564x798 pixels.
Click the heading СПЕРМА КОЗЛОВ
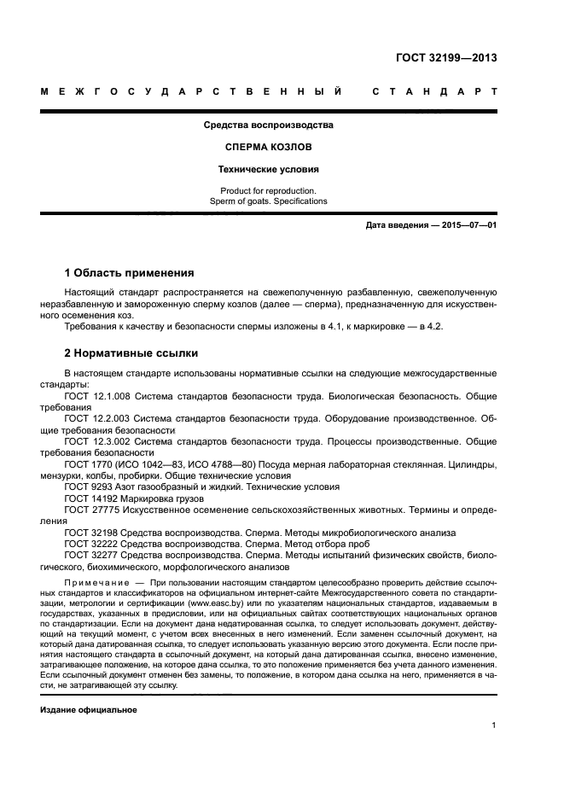pyautogui.click(x=268, y=147)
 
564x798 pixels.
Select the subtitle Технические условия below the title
pyautogui.click(x=268, y=169)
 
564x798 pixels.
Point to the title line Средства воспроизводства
pyautogui.click(x=268, y=125)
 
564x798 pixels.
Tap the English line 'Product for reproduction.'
pyautogui.click(x=268, y=190)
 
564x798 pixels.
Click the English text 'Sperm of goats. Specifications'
pyautogui.click(x=268, y=201)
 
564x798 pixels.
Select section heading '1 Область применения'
pyautogui.click(x=129, y=273)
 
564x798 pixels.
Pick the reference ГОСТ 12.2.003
pyautogui.click(x=96, y=420)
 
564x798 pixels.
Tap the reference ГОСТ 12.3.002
pyautogui.click(x=96, y=442)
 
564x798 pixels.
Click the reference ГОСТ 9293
pyautogui.click(x=87, y=486)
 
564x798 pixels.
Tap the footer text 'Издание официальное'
pyautogui.click(x=89, y=710)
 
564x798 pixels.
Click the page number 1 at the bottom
pyautogui.click(x=494, y=725)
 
